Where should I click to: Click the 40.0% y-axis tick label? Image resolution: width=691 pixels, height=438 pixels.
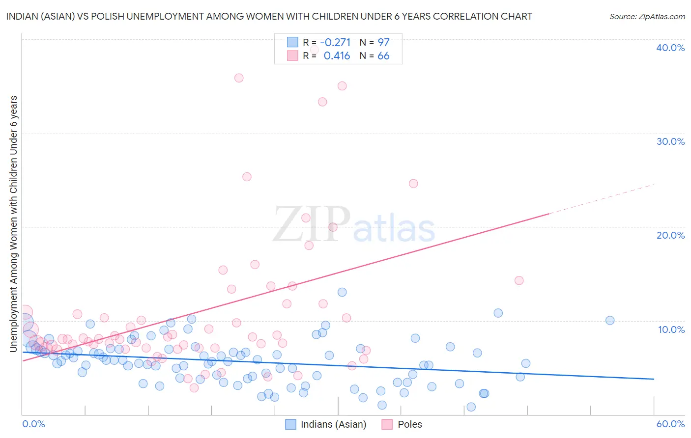point(670,48)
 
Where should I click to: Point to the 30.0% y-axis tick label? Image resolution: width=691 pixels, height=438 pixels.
point(670,141)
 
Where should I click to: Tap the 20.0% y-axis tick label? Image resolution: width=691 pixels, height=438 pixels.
point(670,235)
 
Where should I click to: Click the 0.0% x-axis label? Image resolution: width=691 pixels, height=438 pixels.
point(33,424)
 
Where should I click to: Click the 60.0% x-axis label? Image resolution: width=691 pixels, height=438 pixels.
point(670,424)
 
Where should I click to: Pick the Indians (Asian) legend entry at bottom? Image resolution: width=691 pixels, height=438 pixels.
point(326,424)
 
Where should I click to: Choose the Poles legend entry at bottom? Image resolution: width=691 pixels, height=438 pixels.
point(403,424)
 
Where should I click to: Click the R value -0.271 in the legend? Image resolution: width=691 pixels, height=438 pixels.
point(335,42)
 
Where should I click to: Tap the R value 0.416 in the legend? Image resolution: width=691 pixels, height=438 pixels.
point(337,56)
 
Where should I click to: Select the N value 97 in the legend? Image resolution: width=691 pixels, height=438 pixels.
point(383,42)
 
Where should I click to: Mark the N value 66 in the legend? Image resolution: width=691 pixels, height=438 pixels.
point(383,56)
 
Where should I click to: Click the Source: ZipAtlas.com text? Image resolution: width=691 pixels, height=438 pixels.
point(647,17)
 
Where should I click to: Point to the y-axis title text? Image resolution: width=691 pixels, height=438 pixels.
point(14,223)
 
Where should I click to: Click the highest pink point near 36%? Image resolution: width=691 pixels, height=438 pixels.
point(239,78)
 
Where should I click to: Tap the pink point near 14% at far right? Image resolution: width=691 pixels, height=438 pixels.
point(519,280)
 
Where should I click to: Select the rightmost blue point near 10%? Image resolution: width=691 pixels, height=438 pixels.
point(610,320)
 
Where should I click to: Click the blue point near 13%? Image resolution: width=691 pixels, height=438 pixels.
point(342,292)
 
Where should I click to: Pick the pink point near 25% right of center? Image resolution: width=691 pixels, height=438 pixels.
point(413,183)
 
